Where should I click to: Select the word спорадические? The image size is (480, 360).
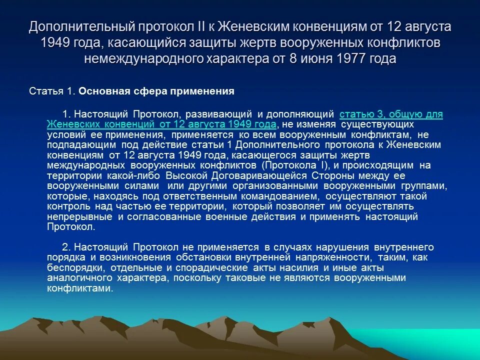pos(212,268)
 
